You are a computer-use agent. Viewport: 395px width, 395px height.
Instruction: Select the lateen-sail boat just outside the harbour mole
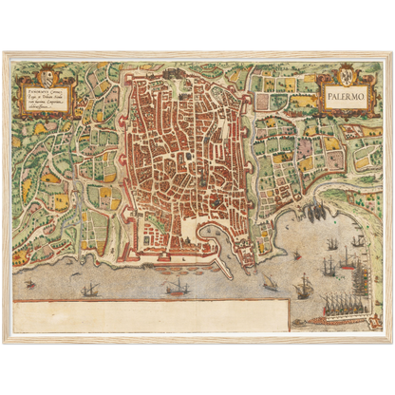tap(269, 282)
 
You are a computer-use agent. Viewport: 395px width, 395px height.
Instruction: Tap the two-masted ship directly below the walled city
tap(178, 287)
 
